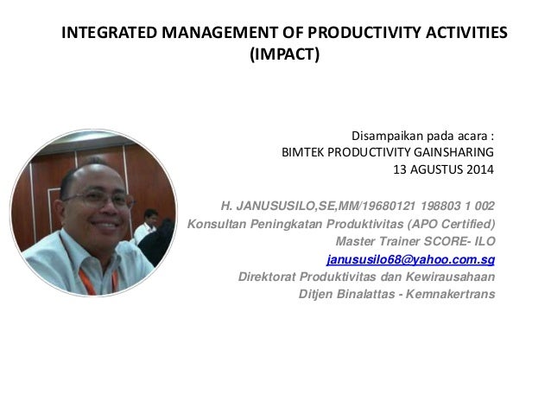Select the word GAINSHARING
[x=452, y=152]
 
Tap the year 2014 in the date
[x=482, y=169]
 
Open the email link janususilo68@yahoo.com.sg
[x=410, y=258]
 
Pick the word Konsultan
[x=216, y=224]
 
